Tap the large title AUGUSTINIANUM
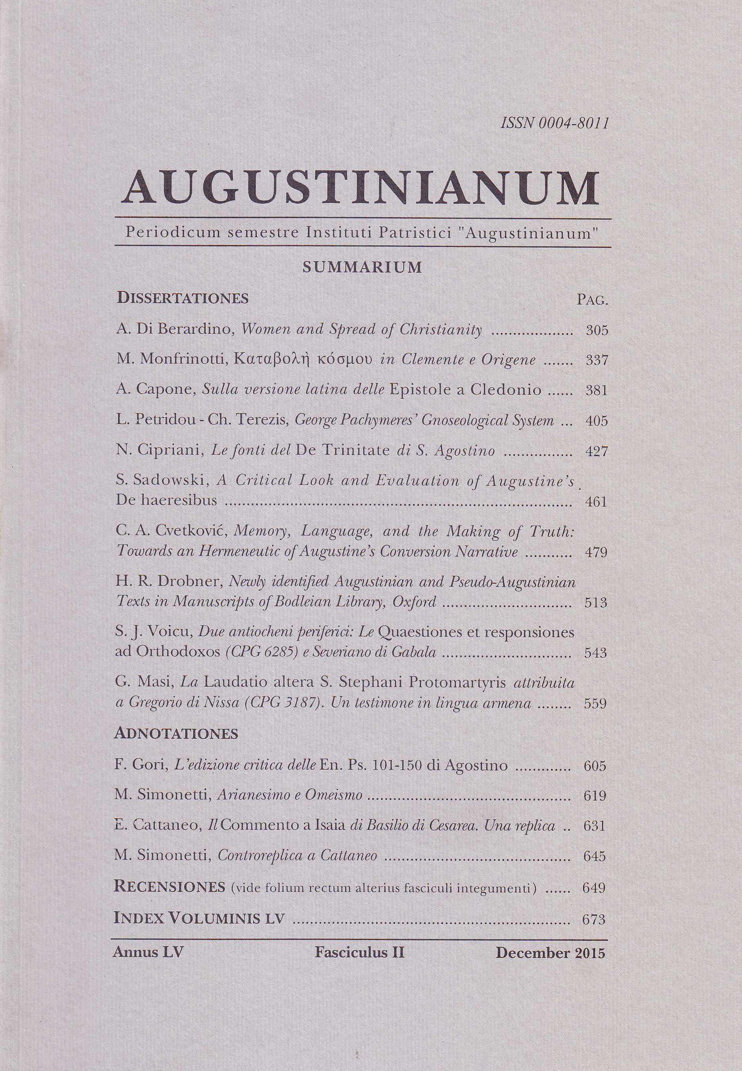(361, 188)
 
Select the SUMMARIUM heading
(362, 267)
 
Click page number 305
(597, 331)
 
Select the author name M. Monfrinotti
(172, 360)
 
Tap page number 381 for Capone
(597, 390)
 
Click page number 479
(596, 553)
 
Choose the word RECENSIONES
(169, 887)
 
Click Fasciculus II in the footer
(359, 953)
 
